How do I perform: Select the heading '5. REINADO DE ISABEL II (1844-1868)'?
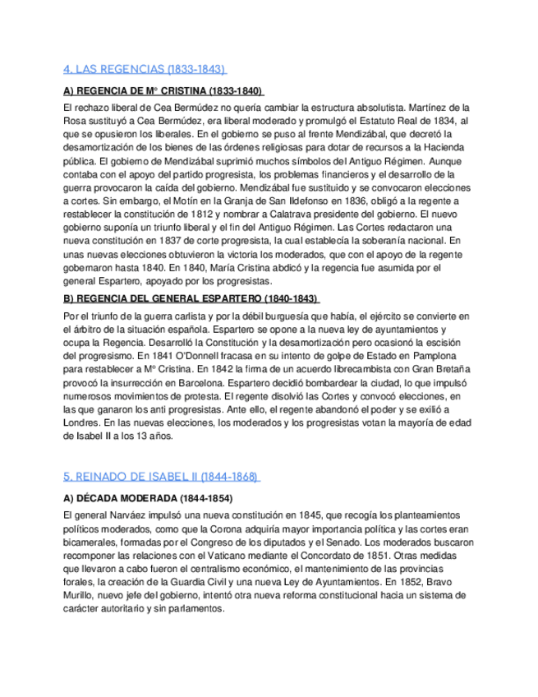161,477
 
